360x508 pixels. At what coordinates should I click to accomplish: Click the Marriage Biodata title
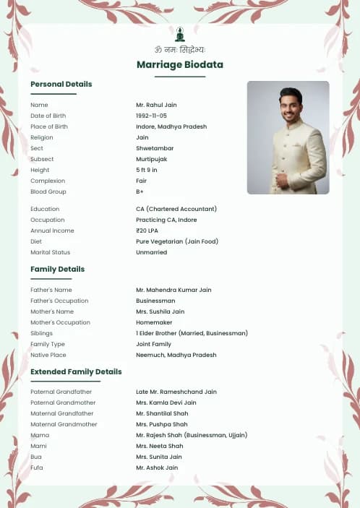tap(179, 65)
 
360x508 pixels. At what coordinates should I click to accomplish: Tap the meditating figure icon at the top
tap(180, 35)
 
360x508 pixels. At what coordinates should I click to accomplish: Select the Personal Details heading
tap(61, 85)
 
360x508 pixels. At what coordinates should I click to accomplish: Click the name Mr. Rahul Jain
tap(156, 105)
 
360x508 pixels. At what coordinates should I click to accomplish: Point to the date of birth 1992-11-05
tap(151, 116)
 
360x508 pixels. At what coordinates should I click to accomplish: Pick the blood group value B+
tap(140, 191)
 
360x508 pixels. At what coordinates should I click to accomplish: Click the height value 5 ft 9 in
tap(147, 170)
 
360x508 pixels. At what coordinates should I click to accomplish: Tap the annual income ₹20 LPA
tap(147, 231)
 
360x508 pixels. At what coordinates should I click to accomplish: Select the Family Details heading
tap(58, 270)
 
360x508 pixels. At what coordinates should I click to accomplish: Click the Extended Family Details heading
tap(76, 372)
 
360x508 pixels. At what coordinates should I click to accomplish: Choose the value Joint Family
tap(153, 344)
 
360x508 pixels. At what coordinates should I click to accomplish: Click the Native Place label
tap(48, 355)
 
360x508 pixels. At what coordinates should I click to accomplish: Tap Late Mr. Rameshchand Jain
tap(176, 392)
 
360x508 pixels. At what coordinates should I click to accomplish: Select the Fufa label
tap(37, 468)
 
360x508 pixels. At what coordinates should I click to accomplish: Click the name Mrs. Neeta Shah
tap(159, 446)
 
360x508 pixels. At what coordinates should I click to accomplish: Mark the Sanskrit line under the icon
tap(180, 50)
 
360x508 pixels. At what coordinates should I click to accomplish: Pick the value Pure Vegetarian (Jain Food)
tap(177, 241)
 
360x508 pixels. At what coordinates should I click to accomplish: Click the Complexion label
tap(48, 181)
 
